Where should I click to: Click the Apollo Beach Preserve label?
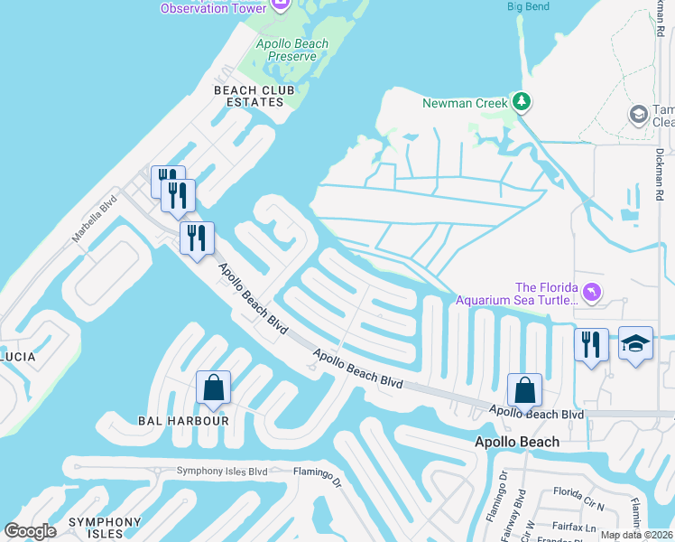click(286, 50)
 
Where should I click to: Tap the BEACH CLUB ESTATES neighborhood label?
click(248, 96)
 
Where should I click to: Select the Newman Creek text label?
click(466, 103)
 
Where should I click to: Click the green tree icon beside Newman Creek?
click(521, 102)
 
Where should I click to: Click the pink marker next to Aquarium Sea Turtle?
click(591, 292)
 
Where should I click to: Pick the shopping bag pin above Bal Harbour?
click(214, 388)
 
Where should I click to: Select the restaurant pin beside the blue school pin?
click(591, 344)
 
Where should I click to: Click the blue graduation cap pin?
click(635, 343)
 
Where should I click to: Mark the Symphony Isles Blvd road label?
click(222, 471)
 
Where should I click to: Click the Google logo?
click(30, 531)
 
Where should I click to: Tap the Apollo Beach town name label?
click(517, 442)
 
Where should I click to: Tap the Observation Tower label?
click(213, 8)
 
